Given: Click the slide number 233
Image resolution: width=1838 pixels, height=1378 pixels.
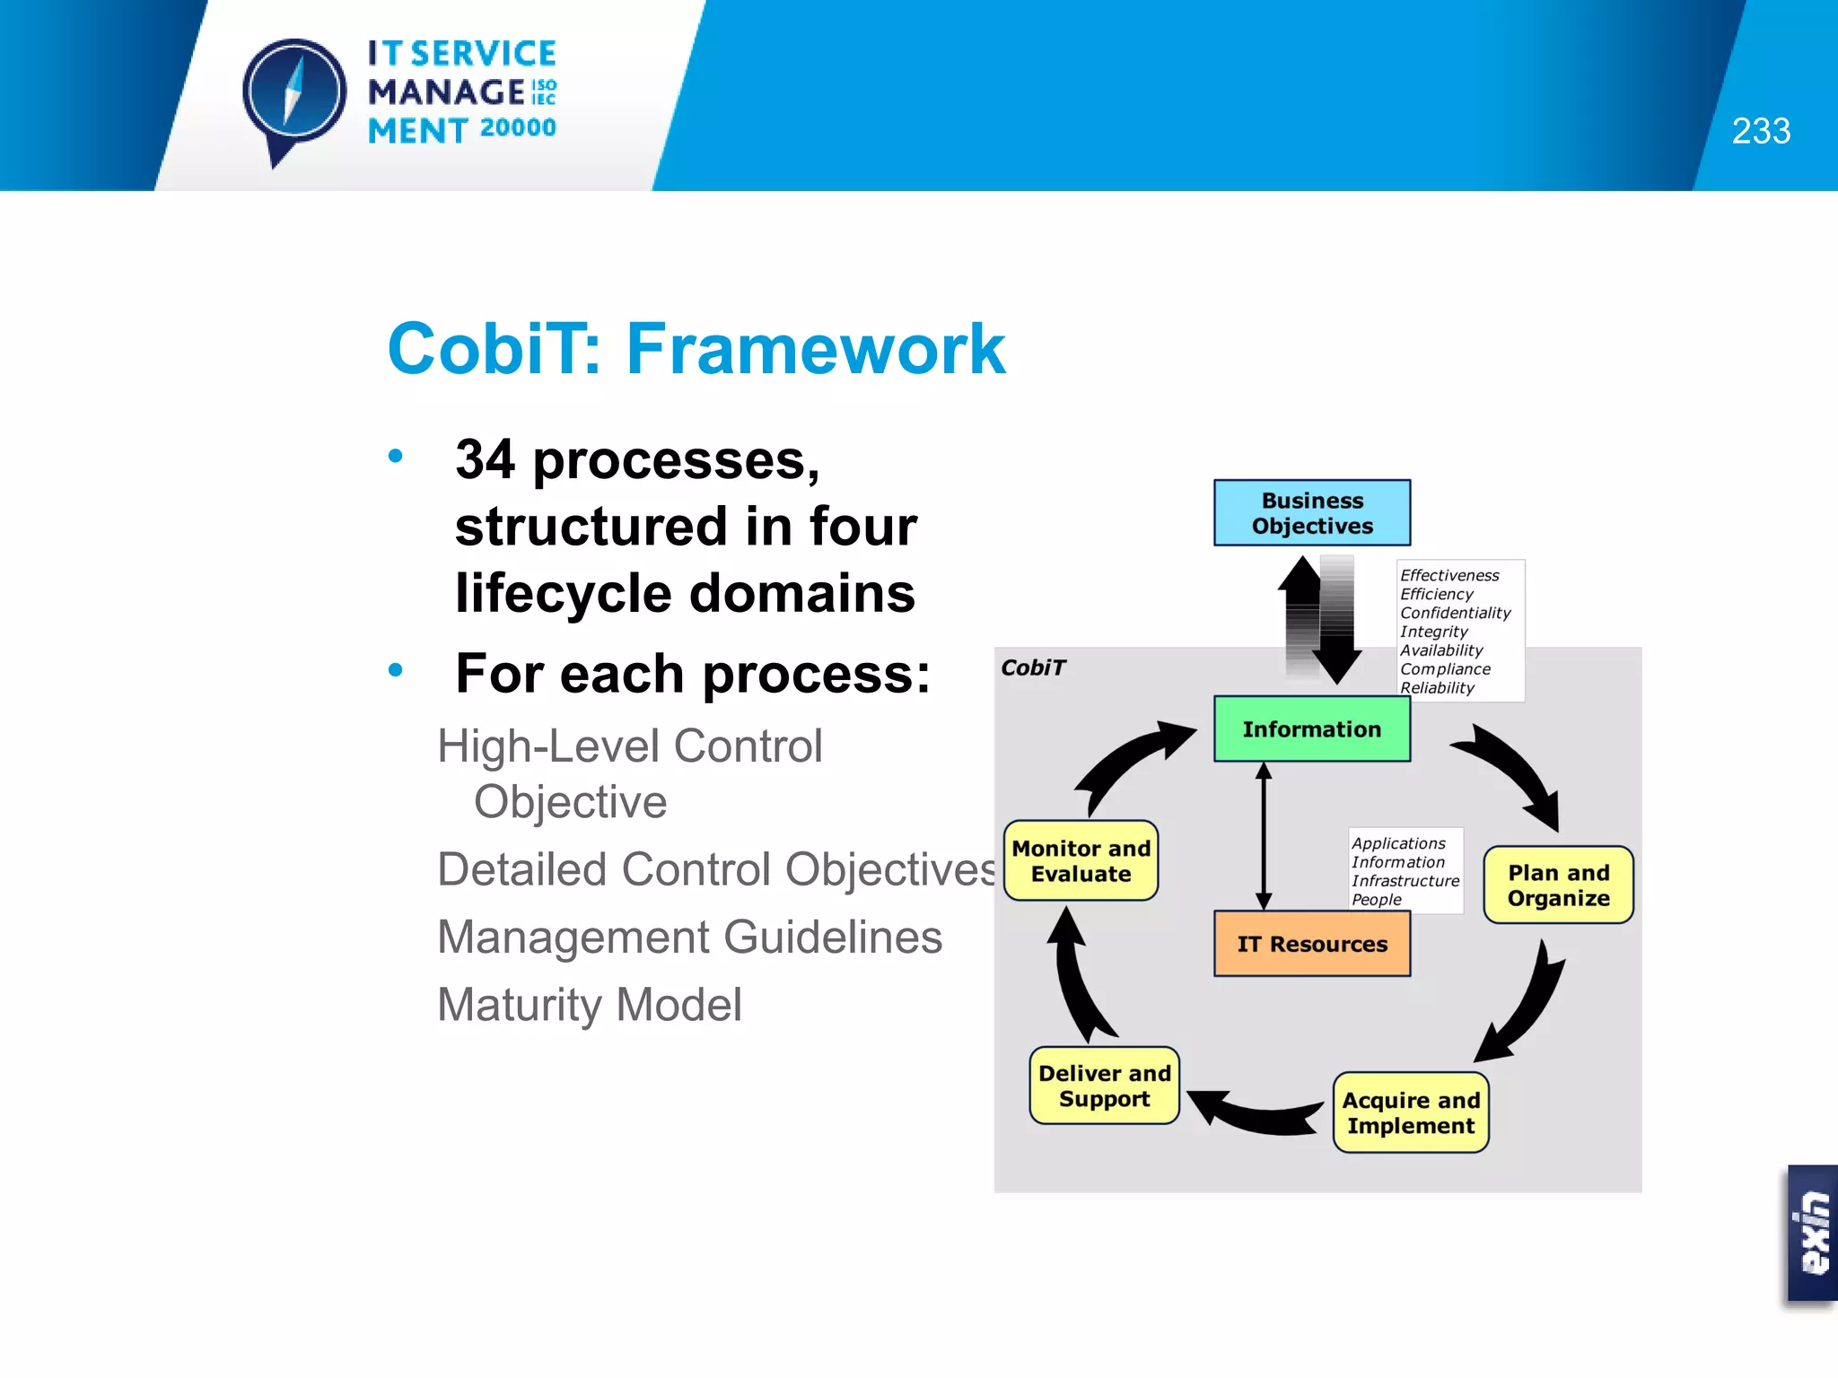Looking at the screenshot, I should (1760, 132).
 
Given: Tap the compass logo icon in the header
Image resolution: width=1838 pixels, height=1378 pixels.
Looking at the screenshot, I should (293, 94).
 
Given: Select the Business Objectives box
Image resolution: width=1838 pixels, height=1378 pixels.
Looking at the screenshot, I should (1311, 513).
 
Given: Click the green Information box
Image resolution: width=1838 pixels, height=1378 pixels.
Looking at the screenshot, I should (1311, 729).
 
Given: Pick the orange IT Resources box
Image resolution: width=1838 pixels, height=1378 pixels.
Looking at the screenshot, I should (1311, 944).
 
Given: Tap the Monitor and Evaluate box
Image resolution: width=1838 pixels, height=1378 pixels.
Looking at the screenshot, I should (1081, 861).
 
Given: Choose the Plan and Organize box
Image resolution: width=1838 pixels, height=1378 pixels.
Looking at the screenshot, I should (1558, 885).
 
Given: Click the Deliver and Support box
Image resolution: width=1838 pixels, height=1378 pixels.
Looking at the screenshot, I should (1104, 1086).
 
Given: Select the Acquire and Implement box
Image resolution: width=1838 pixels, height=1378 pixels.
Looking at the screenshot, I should (1411, 1113).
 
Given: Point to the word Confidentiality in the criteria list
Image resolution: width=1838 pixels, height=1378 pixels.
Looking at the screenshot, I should (1455, 613).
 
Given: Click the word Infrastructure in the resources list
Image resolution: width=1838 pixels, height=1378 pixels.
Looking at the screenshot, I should (1405, 881).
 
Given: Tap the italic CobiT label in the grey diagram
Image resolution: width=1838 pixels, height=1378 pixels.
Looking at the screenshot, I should (1033, 667).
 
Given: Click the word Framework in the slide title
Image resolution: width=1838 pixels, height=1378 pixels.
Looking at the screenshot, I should (815, 349).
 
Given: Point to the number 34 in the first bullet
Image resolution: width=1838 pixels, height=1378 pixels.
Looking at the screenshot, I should (485, 460).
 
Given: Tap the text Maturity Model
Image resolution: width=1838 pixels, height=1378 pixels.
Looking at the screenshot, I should (590, 1005).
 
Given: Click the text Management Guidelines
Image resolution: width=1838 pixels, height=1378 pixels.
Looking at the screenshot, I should (689, 938).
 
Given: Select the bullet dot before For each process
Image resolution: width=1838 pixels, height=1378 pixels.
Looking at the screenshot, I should (396, 670).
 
